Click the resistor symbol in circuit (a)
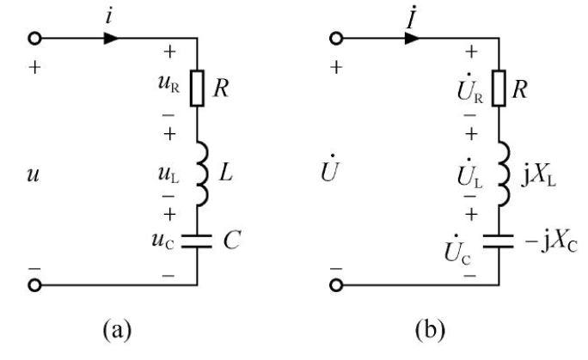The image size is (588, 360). tap(197, 88)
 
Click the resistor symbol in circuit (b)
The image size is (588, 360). tap(499, 88)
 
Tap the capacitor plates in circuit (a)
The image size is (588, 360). tap(197, 241)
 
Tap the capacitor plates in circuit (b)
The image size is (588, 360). tap(499, 241)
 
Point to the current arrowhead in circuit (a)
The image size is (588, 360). tap(112, 38)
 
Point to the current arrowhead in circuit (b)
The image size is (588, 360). tap(413, 38)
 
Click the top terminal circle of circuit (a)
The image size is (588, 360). tap(34, 38)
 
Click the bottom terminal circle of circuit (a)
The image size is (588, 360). tap(34, 285)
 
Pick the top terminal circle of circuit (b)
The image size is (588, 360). tap(336, 38)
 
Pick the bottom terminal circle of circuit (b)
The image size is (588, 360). tap(336, 285)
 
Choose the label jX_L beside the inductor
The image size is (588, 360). tap(538, 176)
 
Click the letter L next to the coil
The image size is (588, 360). tap(226, 173)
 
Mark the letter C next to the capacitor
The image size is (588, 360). tap(232, 240)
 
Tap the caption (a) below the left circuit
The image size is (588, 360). tap(118, 329)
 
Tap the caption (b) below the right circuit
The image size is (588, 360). tap(430, 329)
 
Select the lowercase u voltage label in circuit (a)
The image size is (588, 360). tap(33, 175)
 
